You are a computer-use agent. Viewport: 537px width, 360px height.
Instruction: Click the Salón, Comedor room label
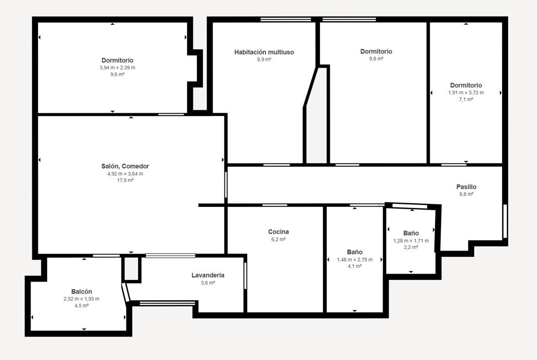pyautogui.click(x=125, y=166)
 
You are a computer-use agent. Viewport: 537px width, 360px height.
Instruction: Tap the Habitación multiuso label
pyautogui.click(x=264, y=52)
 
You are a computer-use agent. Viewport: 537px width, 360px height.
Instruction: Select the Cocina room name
pyautogui.click(x=278, y=232)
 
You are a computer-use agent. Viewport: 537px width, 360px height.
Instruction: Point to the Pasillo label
pyautogui.click(x=466, y=187)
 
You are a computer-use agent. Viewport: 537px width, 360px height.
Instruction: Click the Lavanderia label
pyautogui.click(x=208, y=275)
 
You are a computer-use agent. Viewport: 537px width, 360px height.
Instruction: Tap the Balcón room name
pyautogui.click(x=81, y=291)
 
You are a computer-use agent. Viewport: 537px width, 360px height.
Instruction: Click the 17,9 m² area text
pyautogui.click(x=125, y=180)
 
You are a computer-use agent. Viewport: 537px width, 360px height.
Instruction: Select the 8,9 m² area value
pyautogui.click(x=264, y=59)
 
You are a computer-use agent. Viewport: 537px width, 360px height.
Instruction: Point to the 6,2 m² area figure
pyautogui.click(x=278, y=239)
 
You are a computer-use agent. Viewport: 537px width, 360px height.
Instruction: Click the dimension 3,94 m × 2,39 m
pyautogui.click(x=117, y=68)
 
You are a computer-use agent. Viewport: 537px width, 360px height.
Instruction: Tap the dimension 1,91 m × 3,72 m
pyautogui.click(x=466, y=93)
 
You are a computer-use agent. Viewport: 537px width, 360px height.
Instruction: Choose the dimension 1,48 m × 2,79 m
pyautogui.click(x=355, y=260)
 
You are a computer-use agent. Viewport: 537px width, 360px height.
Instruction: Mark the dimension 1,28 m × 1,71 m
pyautogui.click(x=411, y=241)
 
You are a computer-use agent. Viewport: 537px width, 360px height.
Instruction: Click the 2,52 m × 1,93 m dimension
pyautogui.click(x=81, y=299)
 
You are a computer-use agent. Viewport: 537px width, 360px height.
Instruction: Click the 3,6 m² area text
pyautogui.click(x=208, y=283)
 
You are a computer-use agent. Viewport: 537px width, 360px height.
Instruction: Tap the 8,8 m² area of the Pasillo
pyautogui.click(x=466, y=194)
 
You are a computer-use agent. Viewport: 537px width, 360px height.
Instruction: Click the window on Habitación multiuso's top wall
pyautogui.click(x=286, y=20)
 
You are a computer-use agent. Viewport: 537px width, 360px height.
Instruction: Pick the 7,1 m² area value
pyautogui.click(x=466, y=100)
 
